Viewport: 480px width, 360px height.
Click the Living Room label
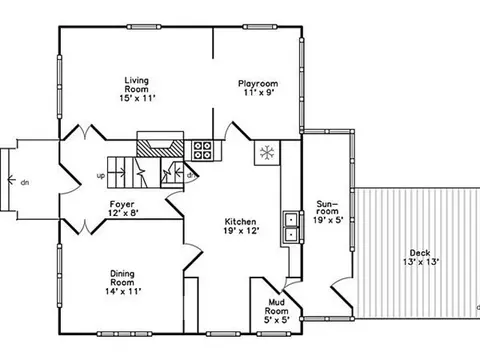(137, 85)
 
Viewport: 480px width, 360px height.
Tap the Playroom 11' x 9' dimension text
(259, 92)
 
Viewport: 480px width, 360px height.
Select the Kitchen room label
(240, 222)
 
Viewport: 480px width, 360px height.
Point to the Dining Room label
(123, 278)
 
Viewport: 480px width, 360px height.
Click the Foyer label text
(122, 204)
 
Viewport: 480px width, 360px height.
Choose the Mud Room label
(277, 307)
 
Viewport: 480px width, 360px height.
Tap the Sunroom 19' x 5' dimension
(328, 220)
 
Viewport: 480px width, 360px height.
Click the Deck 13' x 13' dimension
(421, 262)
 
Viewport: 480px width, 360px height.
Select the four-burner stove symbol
(203, 150)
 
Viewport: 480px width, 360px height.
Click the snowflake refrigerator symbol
(267, 153)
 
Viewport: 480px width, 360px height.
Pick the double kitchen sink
(292, 227)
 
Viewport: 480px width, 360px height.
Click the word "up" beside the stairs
(101, 176)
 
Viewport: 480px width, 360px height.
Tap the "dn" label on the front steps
(25, 182)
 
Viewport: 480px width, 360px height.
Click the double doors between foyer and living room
(85, 132)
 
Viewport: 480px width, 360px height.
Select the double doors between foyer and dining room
(85, 227)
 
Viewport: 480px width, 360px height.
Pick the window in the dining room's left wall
(60, 276)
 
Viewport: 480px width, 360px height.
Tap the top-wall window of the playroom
(260, 27)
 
